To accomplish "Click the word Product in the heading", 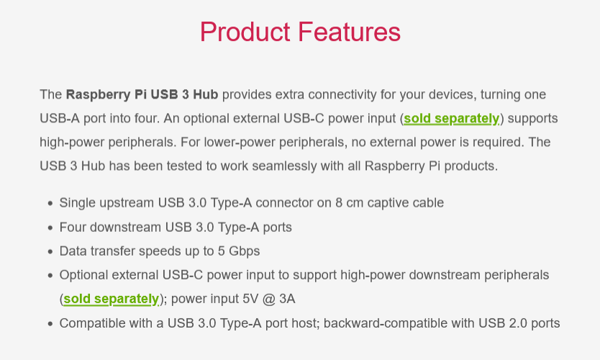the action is (245, 32).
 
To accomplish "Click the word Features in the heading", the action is (350, 32).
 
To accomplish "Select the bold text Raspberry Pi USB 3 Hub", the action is (142, 94).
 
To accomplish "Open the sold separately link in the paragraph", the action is (452, 119).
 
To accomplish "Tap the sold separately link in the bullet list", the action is (111, 299).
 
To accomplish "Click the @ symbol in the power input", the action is (269, 299).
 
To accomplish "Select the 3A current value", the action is (287, 299).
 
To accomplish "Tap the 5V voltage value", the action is (250, 299).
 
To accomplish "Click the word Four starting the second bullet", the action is (73, 228).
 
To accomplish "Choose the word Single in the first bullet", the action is (77, 202).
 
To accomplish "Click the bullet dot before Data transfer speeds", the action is (50, 251).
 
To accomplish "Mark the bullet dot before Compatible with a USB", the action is (50, 323).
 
